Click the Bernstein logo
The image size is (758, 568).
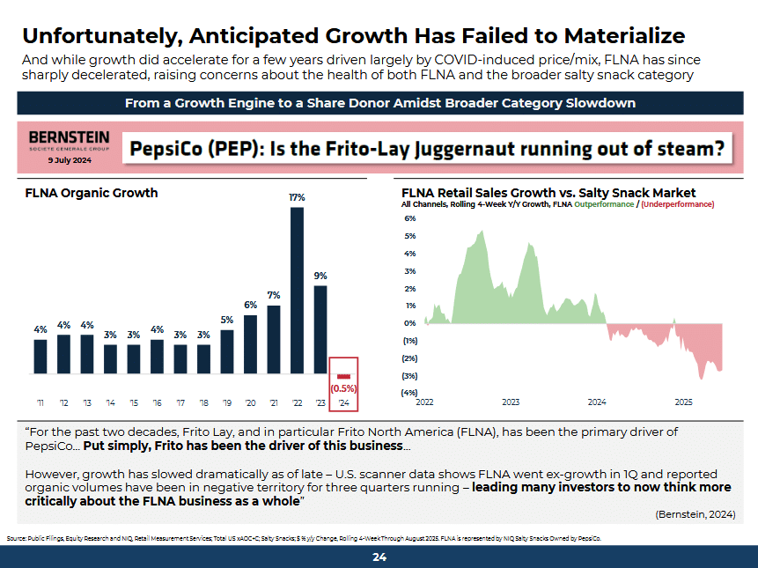point(70,141)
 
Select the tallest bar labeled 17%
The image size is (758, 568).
point(297,291)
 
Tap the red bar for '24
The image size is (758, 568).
point(343,376)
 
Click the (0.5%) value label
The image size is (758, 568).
point(343,388)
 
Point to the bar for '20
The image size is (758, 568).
point(250,344)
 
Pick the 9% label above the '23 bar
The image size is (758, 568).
point(320,276)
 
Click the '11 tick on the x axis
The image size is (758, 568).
point(40,402)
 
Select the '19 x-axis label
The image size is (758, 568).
point(227,402)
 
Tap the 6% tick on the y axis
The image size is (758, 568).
point(410,218)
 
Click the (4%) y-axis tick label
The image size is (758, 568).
point(409,393)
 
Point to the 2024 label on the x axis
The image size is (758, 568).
point(597,402)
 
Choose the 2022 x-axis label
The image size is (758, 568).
point(424,402)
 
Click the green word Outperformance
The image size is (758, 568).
point(604,204)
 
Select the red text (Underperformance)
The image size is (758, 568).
point(678,204)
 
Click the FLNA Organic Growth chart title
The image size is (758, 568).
point(92,193)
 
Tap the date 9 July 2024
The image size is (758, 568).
point(70,160)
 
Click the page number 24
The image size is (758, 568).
point(379,557)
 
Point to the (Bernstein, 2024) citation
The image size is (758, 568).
point(695,514)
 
